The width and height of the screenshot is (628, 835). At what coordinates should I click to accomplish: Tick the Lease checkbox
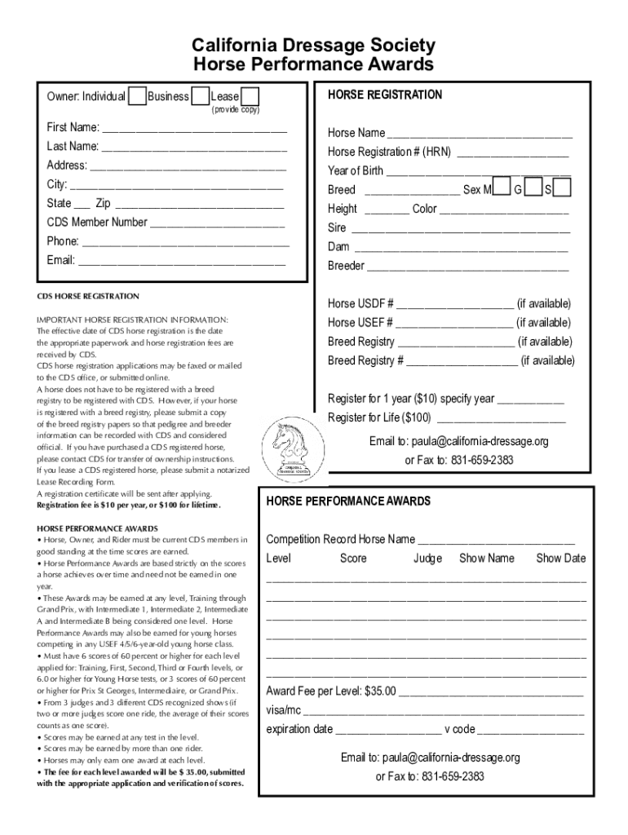point(250,96)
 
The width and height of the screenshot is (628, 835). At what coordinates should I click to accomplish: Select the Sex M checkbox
point(502,188)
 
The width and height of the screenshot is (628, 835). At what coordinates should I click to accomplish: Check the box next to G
point(533,188)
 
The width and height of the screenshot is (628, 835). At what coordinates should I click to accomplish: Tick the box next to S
point(563,188)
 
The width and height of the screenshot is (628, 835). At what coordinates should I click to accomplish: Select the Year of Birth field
point(477,172)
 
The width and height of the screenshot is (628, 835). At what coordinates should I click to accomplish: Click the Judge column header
point(427,559)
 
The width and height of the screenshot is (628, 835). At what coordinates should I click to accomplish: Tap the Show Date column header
point(560,559)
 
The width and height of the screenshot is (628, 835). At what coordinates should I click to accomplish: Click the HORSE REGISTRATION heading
point(385,95)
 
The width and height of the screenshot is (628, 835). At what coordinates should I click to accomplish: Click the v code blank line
point(530,731)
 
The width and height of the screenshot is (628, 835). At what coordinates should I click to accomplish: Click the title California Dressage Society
point(313,46)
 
